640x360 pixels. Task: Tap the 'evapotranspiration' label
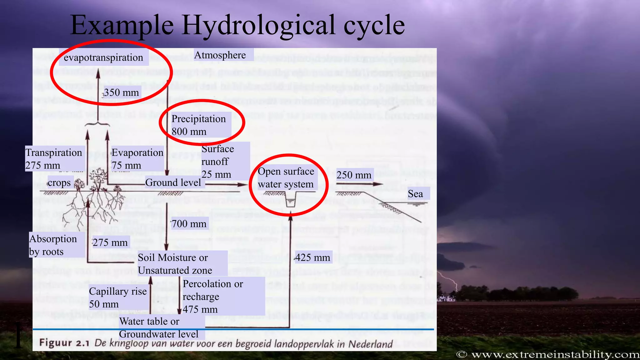tap(103, 57)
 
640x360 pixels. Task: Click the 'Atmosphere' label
tap(220, 55)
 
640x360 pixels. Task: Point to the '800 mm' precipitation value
tap(189, 132)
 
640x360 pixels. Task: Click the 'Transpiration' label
tap(54, 152)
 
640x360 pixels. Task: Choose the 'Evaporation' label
tap(137, 152)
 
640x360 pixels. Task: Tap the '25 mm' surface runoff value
tap(216, 174)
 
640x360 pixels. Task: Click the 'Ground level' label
tap(173, 182)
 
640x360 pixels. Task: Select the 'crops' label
tap(59, 183)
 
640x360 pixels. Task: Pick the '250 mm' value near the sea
tap(354, 175)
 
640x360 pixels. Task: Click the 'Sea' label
tap(415, 194)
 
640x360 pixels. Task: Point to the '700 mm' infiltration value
tap(189, 224)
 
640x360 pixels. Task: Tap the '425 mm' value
tap(312, 257)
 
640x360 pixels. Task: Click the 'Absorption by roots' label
tap(53, 245)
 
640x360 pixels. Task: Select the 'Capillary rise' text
tap(118, 291)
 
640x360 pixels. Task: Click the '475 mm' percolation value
tap(200, 309)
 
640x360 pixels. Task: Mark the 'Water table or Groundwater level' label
tap(158, 327)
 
